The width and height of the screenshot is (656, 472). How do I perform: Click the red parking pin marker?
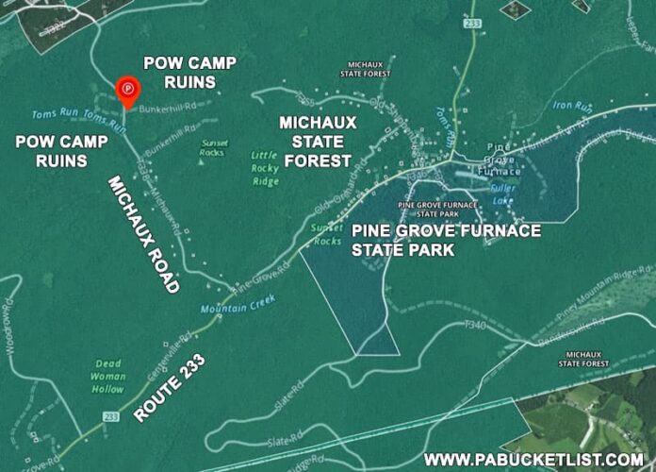(x=127, y=91)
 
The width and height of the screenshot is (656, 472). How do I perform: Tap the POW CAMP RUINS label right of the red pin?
(x=190, y=73)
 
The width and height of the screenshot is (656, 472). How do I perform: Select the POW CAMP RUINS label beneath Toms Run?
(x=53, y=151)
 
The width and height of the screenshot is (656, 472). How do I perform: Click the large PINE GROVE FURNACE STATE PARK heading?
(x=447, y=240)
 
